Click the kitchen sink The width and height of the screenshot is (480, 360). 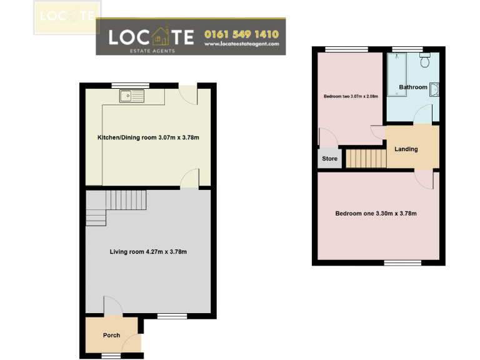pyautogui.click(x=132, y=96)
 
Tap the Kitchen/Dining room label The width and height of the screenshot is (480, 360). pyautogui.click(x=148, y=137)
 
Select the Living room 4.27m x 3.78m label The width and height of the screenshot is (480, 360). pyautogui.click(x=148, y=252)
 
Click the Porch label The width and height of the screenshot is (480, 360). pyautogui.click(x=111, y=336)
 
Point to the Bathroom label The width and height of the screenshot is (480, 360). pyautogui.click(x=413, y=87)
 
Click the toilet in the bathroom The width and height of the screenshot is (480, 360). pyautogui.click(x=425, y=61)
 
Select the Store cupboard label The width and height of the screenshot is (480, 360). pyautogui.click(x=329, y=159)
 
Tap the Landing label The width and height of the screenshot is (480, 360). pyautogui.click(x=406, y=149)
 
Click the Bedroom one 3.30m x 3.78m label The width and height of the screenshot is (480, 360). pyautogui.click(x=376, y=214)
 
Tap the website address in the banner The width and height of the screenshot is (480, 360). pyautogui.click(x=241, y=44)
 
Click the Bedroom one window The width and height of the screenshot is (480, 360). pyautogui.click(x=402, y=263)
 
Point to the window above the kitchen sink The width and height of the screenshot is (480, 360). pyautogui.click(x=130, y=84)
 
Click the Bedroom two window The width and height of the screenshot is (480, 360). pyautogui.click(x=338, y=49)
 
